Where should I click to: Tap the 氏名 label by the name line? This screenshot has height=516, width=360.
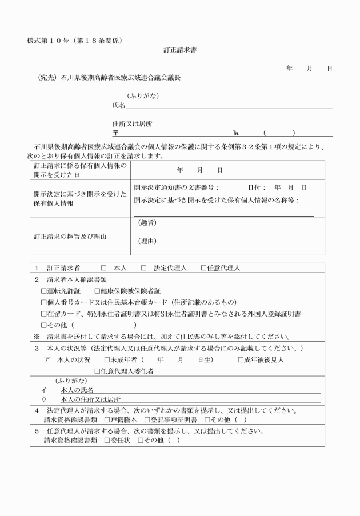[x=119, y=106]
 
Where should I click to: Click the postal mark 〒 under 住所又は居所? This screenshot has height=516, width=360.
[x=115, y=133]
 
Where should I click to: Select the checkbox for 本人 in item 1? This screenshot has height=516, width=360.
[x=103, y=268]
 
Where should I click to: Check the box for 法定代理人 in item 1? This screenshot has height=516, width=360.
[x=144, y=268]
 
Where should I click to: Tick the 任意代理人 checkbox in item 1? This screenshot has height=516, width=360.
[x=203, y=268]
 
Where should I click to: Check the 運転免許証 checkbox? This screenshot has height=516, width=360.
[x=44, y=291]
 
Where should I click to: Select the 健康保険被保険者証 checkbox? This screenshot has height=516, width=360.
[x=97, y=291]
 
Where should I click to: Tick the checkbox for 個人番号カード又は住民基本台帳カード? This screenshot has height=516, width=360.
[x=44, y=302]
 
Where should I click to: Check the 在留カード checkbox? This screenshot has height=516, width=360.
[x=44, y=314]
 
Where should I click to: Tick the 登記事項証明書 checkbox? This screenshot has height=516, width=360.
[x=147, y=419]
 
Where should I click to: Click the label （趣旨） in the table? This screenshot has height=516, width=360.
[x=147, y=223]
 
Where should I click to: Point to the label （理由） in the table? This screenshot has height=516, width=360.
[x=147, y=241]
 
